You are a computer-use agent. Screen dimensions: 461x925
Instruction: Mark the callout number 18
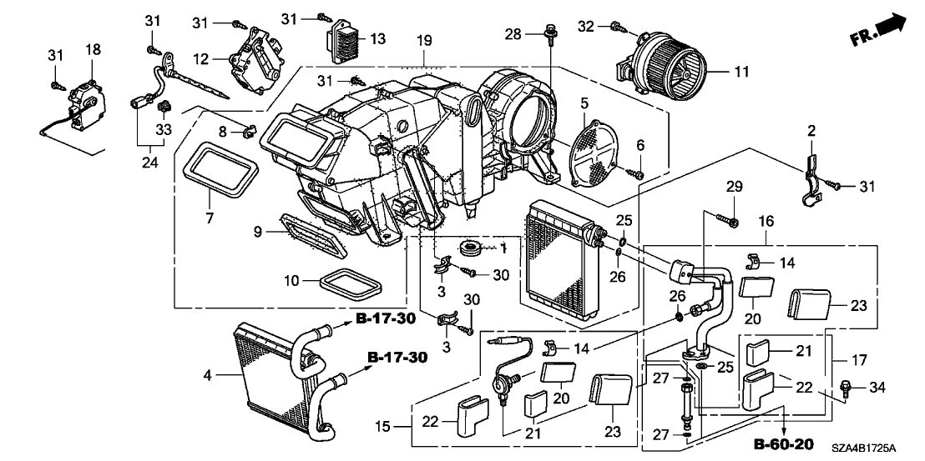tap(92, 51)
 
